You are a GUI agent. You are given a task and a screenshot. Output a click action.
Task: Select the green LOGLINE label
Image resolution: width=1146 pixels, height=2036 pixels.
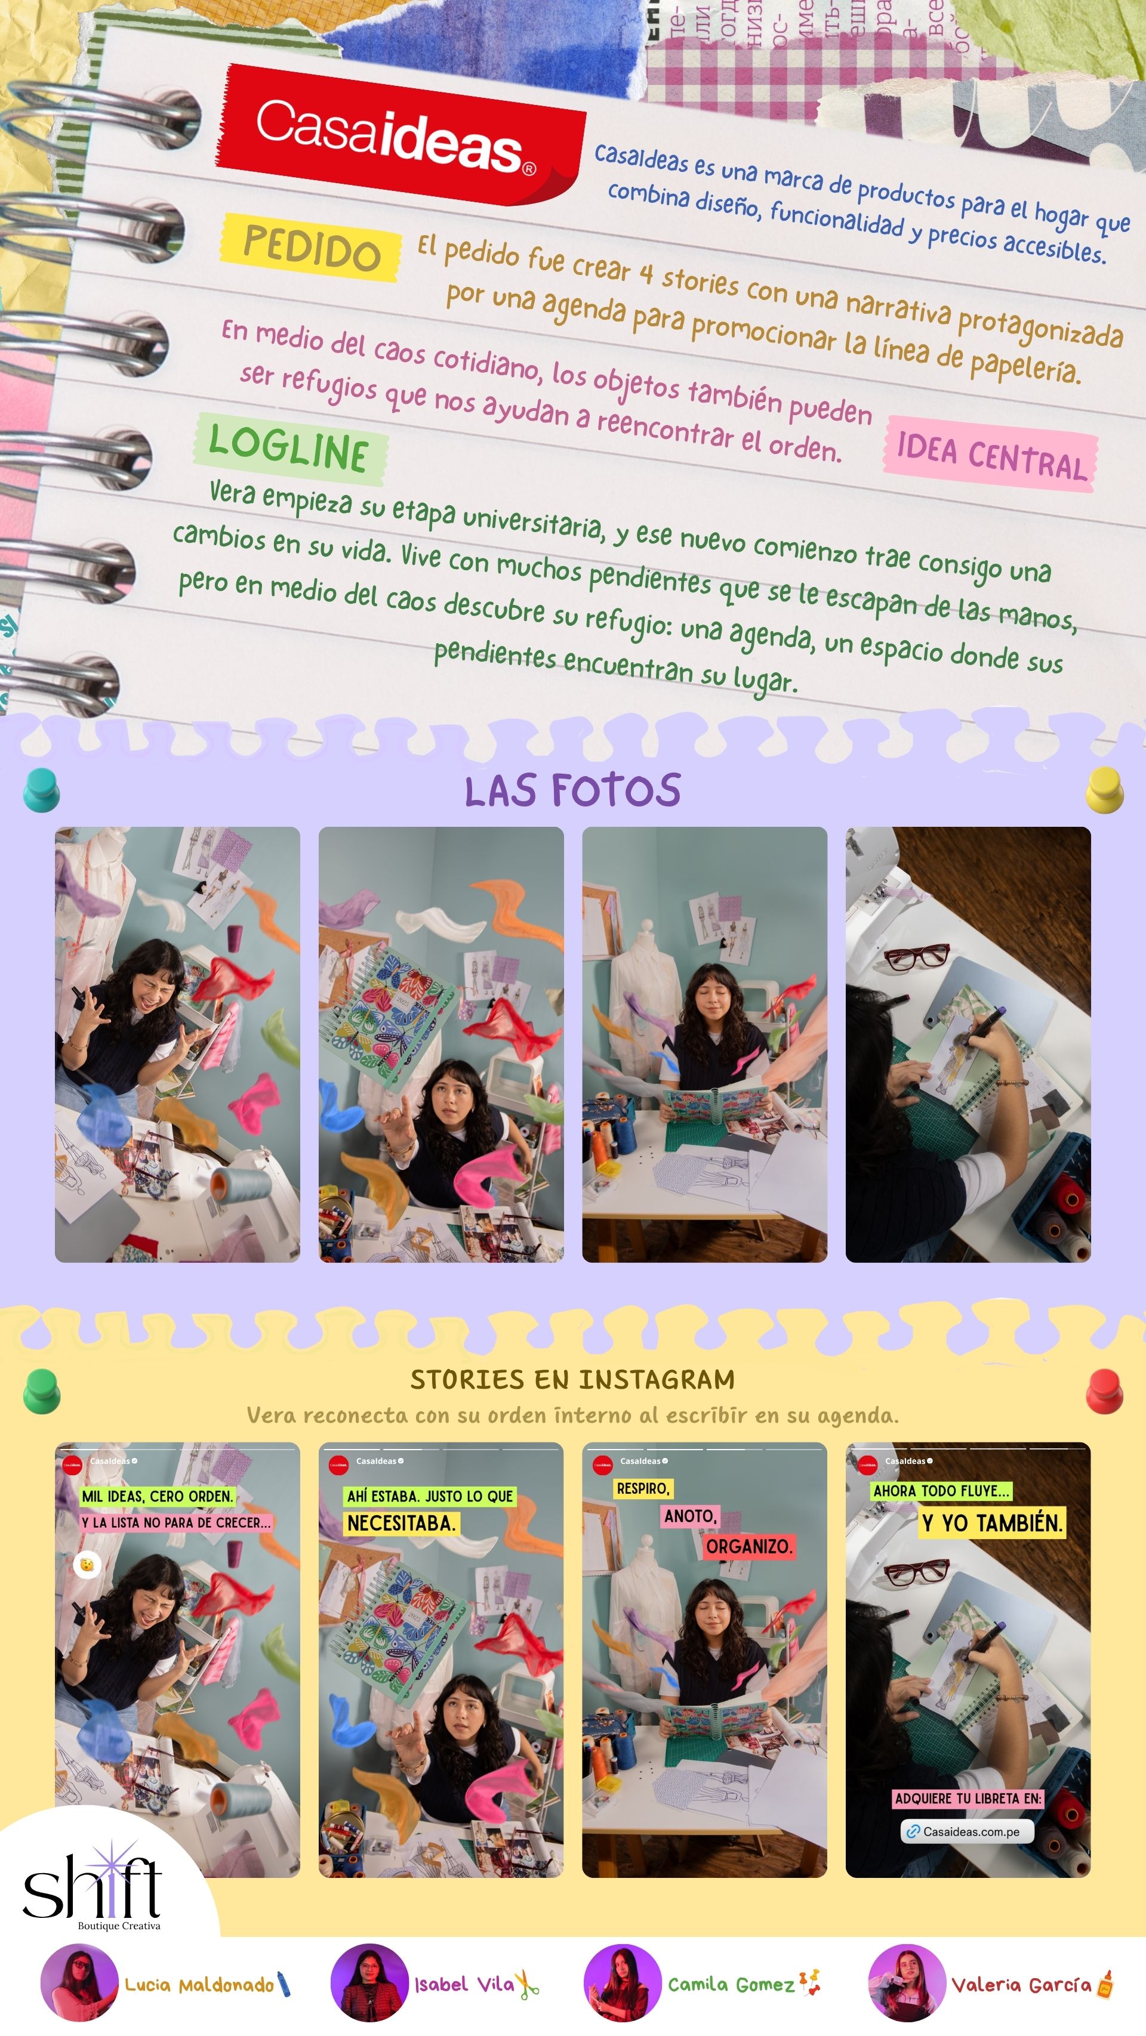[289, 448]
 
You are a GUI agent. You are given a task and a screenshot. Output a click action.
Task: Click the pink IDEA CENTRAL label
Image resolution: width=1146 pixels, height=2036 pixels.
[991, 455]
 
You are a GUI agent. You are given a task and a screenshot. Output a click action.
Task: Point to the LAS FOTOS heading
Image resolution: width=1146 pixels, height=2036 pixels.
[572, 790]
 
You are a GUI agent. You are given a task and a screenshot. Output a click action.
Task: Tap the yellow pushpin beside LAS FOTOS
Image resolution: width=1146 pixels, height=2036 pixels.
[1104, 788]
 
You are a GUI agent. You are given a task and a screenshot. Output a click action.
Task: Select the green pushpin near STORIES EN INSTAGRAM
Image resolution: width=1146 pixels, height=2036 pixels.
[41, 1389]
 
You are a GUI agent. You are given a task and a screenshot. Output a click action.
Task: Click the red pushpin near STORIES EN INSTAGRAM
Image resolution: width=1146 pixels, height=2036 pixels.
[1104, 1389]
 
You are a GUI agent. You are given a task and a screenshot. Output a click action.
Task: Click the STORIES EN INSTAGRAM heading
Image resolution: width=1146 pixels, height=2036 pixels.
[572, 1379]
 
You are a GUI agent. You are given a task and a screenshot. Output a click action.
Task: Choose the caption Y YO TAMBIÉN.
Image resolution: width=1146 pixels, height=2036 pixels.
[992, 1523]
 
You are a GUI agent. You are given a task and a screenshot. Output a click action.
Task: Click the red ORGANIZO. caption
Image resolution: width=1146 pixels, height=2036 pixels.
[748, 1546]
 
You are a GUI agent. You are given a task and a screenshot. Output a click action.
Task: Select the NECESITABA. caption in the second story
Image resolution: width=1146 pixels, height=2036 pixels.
[401, 1523]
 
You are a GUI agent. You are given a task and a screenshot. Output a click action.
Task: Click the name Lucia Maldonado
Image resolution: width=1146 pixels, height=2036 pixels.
[199, 1985]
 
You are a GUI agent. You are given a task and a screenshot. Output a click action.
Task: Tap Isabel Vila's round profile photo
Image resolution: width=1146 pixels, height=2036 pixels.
[368, 1982]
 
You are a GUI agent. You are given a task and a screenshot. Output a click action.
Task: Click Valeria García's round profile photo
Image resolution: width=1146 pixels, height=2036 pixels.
[907, 1982]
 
